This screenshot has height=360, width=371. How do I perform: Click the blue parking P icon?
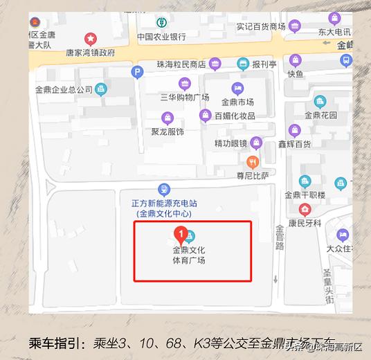138,71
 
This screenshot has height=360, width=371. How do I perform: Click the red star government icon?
90,38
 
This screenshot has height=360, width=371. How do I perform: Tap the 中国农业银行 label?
161,37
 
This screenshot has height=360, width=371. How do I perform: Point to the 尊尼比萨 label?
251,176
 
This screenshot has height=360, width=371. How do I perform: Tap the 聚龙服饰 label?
167,132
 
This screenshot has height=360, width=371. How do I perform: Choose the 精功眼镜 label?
230,143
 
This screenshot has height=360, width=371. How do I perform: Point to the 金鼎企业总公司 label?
63,89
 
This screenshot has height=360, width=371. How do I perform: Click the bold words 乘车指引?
56,342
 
